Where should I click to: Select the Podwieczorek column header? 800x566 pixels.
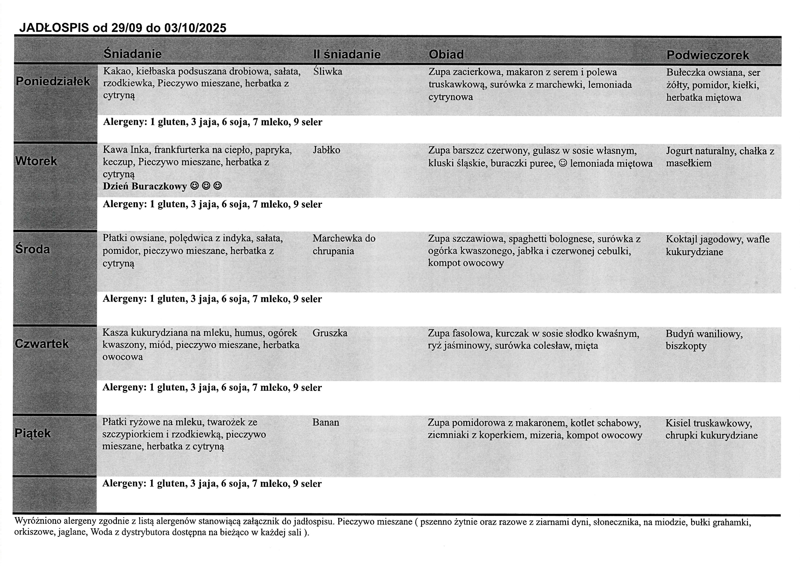pyautogui.click(x=707, y=55)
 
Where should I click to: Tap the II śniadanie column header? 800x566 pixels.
pyautogui.click(x=347, y=54)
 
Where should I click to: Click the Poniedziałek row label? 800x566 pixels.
pyautogui.click(x=53, y=81)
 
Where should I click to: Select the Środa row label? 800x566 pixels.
pyautogui.click(x=32, y=249)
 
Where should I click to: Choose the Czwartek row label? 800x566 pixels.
pyautogui.click(x=42, y=344)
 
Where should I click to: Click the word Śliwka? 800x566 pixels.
pyautogui.click(x=327, y=72)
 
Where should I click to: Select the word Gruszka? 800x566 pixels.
pyautogui.click(x=330, y=333)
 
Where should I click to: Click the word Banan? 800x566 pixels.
pyautogui.click(x=326, y=422)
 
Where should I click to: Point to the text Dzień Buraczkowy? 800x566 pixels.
pyautogui.click(x=145, y=186)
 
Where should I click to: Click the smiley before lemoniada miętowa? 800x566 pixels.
pyautogui.click(x=563, y=163)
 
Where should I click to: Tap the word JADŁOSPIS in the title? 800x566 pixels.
pyautogui.click(x=54, y=28)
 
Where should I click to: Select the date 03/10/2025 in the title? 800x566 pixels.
pyautogui.click(x=195, y=28)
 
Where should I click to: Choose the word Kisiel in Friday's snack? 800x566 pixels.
pyautogui.click(x=678, y=423)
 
